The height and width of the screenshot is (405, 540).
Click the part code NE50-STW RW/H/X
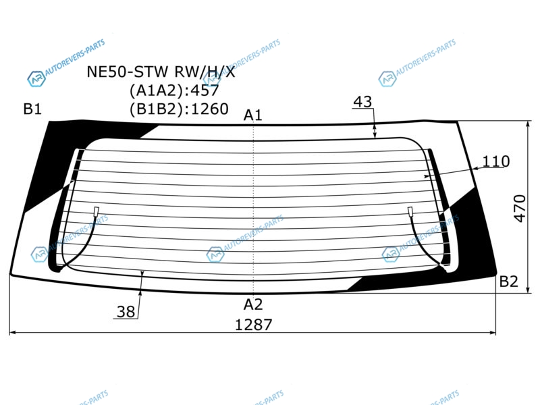[x=161, y=72]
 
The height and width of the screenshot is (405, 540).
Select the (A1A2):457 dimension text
[x=174, y=90]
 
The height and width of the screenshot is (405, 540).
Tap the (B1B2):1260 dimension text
[x=179, y=109]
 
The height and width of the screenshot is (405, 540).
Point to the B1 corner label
[x=32, y=109]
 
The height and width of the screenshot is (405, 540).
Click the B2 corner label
[x=509, y=281]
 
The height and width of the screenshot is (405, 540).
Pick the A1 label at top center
[x=252, y=115]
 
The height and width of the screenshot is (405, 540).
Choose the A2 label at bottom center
[x=253, y=304]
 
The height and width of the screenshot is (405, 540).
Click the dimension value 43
[x=362, y=102]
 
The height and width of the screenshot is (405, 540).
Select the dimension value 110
[x=496, y=161]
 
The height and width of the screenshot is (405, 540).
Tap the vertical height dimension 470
[x=520, y=209]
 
